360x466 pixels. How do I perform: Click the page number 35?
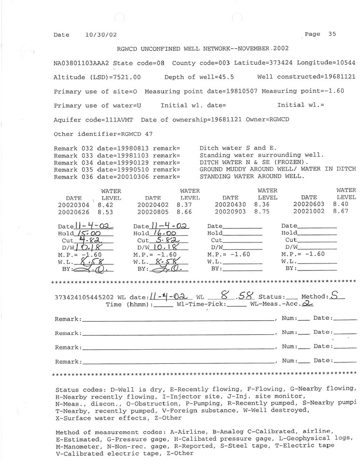(x=332, y=34)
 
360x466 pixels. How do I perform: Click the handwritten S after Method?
(x=334, y=295)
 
